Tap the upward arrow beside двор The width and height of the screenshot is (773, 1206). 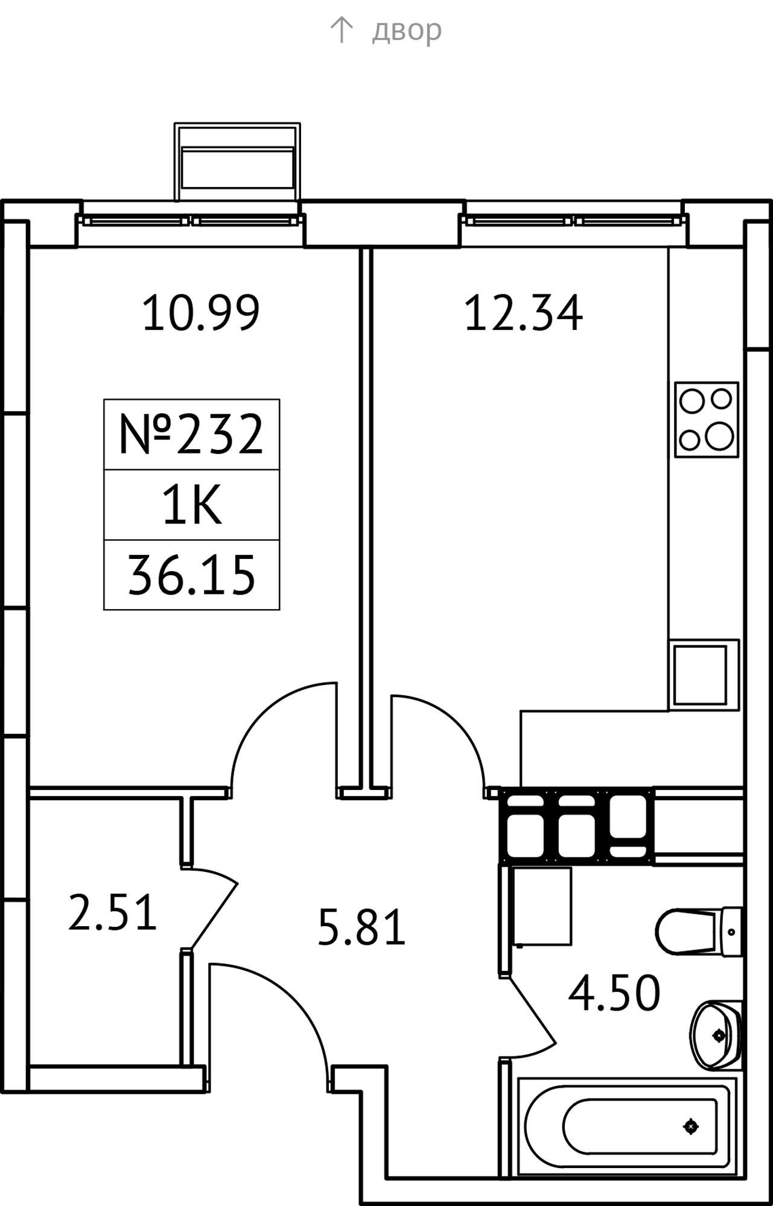point(341,30)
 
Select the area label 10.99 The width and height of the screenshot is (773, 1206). point(201,312)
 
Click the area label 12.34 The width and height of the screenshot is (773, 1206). point(524,312)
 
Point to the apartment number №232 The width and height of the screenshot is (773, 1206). point(191,434)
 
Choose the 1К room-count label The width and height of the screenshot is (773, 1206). point(192,505)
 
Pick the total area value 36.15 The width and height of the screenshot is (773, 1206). point(191,575)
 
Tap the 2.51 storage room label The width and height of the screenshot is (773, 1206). point(112,912)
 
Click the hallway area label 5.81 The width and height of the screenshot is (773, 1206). point(361,928)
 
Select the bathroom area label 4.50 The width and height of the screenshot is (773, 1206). point(614,993)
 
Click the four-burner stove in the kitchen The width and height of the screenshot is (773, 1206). point(707,420)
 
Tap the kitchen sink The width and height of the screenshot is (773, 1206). point(704,675)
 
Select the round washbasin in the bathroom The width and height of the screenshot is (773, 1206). point(716,1035)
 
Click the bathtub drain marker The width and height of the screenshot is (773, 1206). point(691,1126)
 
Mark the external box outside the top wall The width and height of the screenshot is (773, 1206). point(238,162)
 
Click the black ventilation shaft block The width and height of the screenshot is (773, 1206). point(577,826)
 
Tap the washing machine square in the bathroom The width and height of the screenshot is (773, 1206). point(541,906)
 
